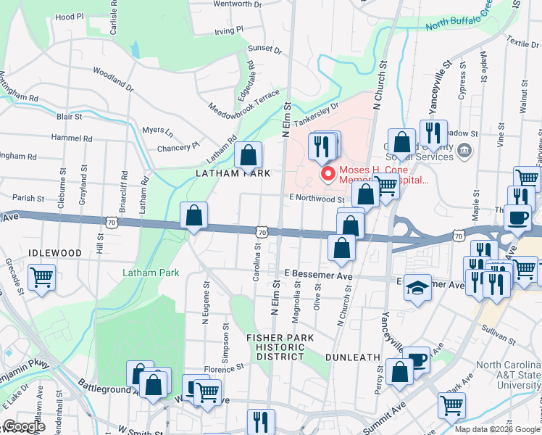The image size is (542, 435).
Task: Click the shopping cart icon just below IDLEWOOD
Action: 42,278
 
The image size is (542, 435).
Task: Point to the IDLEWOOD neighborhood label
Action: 55,252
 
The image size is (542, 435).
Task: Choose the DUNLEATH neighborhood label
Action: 353,357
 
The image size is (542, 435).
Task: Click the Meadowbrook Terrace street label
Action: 234,106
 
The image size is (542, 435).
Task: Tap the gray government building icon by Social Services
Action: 465,150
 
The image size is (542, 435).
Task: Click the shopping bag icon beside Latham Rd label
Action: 248,155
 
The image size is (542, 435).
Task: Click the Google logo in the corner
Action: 24,426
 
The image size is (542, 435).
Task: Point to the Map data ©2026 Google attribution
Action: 496,429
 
